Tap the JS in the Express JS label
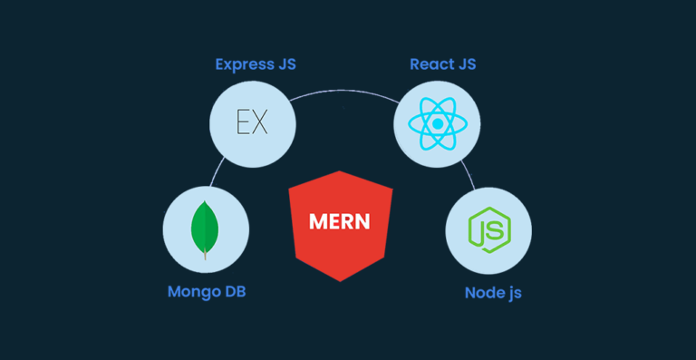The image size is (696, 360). click(x=285, y=64)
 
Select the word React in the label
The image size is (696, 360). click(x=430, y=64)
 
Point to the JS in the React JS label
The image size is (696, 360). click(x=466, y=64)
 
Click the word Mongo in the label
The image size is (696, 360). click(x=195, y=292)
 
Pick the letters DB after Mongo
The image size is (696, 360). click(x=235, y=292)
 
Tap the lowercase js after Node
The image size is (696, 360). click(x=514, y=294)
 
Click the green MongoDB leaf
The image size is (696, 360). click(x=206, y=226)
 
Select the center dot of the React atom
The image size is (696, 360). click(x=437, y=124)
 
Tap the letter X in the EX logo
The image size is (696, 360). click(x=260, y=122)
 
